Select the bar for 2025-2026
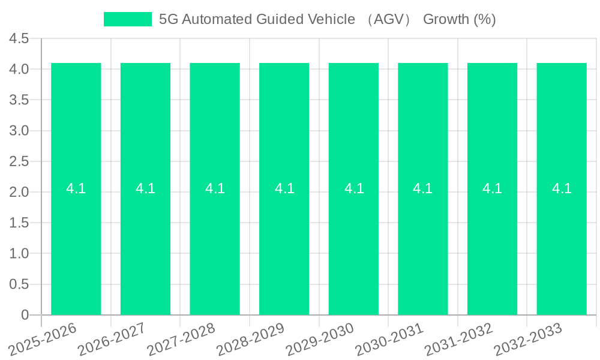click(x=76, y=240)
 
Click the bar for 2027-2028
click(x=215, y=240)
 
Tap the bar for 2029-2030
click(x=353, y=240)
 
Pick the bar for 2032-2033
click(x=562, y=240)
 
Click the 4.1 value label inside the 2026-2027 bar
click(x=145, y=188)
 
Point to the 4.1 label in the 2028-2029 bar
click(x=284, y=188)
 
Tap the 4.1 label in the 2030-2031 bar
click(x=423, y=188)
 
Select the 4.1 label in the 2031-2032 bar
click(x=492, y=188)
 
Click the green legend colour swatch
click(x=128, y=19)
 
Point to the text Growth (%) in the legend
click(x=460, y=19)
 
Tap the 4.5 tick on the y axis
click(x=19, y=39)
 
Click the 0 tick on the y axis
click(x=25, y=315)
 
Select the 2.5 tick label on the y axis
click(x=19, y=161)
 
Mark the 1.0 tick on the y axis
click(x=19, y=254)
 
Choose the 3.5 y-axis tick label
click(x=19, y=100)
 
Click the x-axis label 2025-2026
click(x=44, y=337)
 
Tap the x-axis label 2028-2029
click(x=251, y=337)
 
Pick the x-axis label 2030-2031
click(x=390, y=337)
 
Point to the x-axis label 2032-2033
click(x=529, y=337)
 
